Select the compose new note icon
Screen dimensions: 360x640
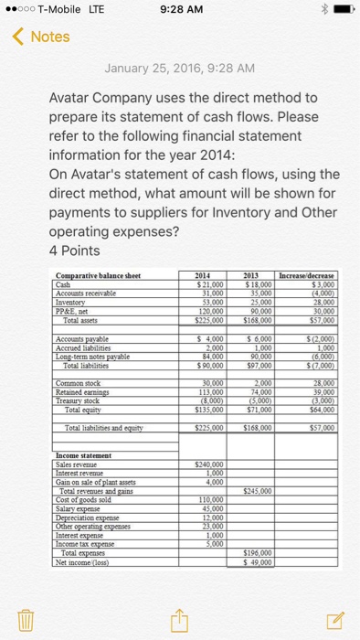pos(333,619)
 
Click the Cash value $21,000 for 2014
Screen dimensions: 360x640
pos(211,283)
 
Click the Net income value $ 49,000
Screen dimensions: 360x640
pos(263,560)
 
